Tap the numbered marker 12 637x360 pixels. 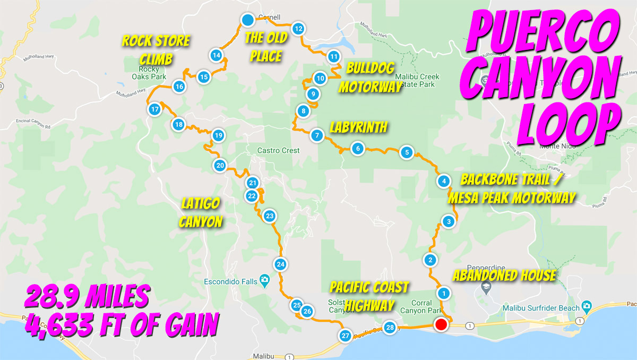pos(298,29)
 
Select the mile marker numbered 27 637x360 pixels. pos(346,336)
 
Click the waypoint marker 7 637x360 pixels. pos(317,135)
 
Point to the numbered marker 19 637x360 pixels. pos(218,135)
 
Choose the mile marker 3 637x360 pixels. pos(449,221)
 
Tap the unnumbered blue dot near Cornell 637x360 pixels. pos(247,20)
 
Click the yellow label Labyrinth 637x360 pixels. pos(358,127)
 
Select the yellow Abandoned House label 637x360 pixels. pos(504,276)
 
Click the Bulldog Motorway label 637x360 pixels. pos(370,78)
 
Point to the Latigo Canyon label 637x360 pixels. pos(200,212)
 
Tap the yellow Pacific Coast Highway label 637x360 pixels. pos(369,296)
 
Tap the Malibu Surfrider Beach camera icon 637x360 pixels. pos(586,306)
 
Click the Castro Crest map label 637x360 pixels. pos(278,150)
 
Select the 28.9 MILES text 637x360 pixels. pos(86,296)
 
